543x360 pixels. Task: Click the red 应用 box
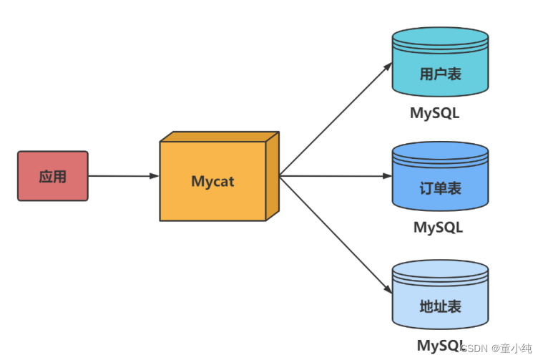[x=53, y=176]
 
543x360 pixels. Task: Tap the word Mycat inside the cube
[x=212, y=182]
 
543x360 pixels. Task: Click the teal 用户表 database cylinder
[x=440, y=63]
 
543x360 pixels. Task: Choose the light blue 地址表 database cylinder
[x=440, y=295]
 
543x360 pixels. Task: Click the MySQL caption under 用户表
[x=434, y=113]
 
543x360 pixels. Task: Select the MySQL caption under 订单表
[x=438, y=228]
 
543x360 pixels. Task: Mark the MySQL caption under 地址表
[x=438, y=345]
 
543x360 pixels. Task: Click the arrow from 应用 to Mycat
[x=122, y=175]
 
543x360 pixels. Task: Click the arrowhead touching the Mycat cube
[x=154, y=175]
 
